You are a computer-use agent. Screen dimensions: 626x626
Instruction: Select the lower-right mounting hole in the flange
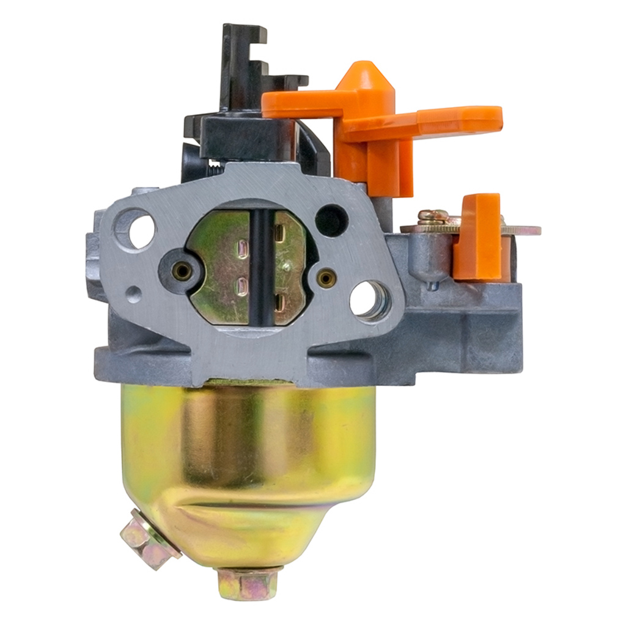coord(370,300)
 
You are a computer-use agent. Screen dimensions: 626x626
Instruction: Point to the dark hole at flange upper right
coord(331,219)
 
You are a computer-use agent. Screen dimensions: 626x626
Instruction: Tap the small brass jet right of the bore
coord(326,279)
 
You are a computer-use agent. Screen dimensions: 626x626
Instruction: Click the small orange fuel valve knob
coord(479,235)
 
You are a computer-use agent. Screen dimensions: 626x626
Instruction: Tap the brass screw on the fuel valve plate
coord(433,216)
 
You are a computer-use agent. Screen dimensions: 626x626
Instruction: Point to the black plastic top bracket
coord(245,67)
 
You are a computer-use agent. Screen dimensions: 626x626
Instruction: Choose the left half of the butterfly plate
coord(220,269)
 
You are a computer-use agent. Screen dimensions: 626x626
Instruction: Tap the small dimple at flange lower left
coord(133,295)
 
